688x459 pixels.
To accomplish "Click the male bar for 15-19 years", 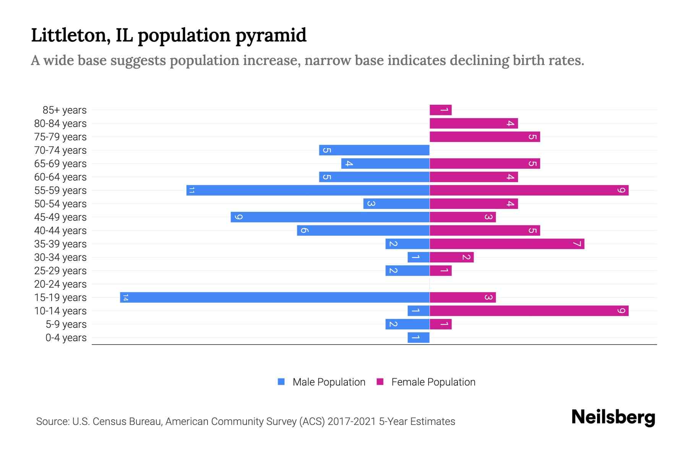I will pyautogui.click(x=274, y=297).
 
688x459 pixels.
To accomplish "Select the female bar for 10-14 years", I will pyautogui.click(x=529, y=311).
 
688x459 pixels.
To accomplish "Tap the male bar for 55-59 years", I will pyautogui.click(x=308, y=190).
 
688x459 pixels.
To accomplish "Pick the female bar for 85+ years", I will pyautogui.click(x=440, y=110).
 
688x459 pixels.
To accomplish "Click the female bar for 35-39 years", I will pyautogui.click(x=507, y=244).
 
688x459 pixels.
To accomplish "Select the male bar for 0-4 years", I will pyautogui.click(x=419, y=337).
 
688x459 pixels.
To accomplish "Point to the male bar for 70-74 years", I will pyautogui.click(x=374, y=150).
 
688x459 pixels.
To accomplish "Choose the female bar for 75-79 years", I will pyautogui.click(x=485, y=137).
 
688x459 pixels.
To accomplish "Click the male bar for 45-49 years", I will pyautogui.click(x=330, y=217).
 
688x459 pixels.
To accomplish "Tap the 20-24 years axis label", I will pyautogui.click(x=60, y=284).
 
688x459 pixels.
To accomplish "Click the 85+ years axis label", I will pyautogui.click(x=65, y=110).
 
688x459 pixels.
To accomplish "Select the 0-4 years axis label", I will pyautogui.click(x=66, y=338).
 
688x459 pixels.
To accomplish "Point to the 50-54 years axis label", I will pyautogui.click(x=60, y=204).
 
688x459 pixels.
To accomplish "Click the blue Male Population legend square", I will pyautogui.click(x=281, y=382).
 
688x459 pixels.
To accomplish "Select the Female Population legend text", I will pyautogui.click(x=433, y=382).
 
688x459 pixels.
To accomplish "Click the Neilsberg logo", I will pyautogui.click(x=613, y=417).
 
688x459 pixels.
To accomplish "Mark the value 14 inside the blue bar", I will pyautogui.click(x=125, y=298).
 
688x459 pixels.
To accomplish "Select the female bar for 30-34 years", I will pyautogui.click(x=451, y=257).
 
